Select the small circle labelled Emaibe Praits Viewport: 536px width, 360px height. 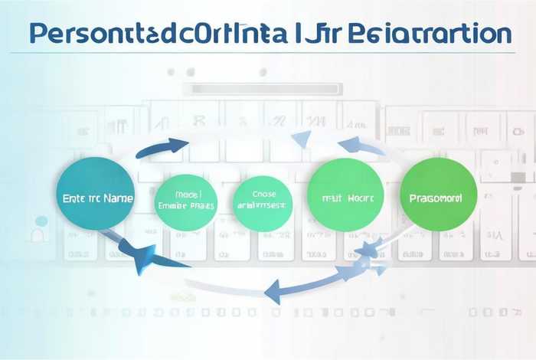(185, 201)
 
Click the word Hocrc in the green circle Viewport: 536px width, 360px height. (358, 198)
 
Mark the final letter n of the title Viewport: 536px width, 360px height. (502, 35)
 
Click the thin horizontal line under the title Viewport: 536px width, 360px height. (268, 54)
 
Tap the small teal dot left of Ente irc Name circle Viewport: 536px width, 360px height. (42, 221)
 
